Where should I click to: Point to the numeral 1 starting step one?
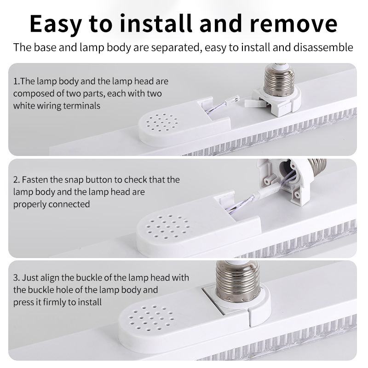15,81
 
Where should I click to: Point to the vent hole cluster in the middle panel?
168,226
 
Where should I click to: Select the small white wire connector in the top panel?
232,98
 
